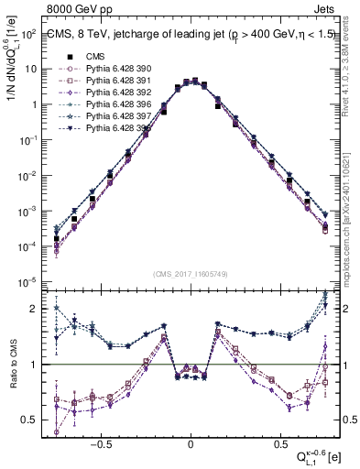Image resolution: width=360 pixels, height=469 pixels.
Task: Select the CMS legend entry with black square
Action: (107, 55)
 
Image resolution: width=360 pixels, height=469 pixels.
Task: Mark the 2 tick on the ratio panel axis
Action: (33, 309)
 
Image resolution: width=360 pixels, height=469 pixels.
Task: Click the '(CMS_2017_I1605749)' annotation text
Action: (191, 276)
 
